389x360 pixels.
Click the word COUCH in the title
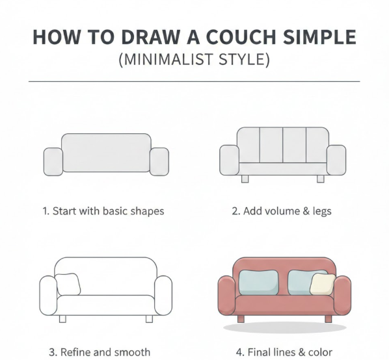click(241, 37)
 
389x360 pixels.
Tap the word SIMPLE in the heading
click(320, 37)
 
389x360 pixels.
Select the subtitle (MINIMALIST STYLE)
click(194, 60)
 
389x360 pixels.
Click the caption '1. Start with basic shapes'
click(103, 211)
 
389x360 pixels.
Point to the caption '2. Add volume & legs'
click(282, 211)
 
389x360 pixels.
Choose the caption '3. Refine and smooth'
click(100, 352)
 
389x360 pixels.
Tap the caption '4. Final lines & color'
click(284, 352)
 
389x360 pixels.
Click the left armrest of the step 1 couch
click(53, 162)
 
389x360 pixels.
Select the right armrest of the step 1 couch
click(159, 162)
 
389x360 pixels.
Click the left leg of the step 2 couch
click(245, 179)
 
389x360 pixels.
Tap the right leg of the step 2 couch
click(321, 179)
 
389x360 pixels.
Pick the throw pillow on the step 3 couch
click(68, 285)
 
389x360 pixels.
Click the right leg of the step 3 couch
click(149, 319)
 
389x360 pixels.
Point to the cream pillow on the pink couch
click(322, 284)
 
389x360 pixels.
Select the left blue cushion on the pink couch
click(258, 283)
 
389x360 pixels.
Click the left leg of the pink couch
click(241, 319)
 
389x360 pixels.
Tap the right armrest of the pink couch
click(342, 295)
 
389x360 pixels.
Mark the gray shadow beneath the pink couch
click(285, 328)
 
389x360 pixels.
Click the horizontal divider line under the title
click(194, 81)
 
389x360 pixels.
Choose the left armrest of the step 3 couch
click(48, 295)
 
